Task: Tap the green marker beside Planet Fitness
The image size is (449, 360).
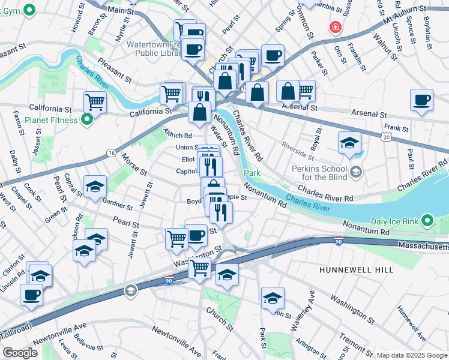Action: pos(86,120)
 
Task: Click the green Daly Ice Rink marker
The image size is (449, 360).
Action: pos(427,221)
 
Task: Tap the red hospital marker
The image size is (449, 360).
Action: pos(334,27)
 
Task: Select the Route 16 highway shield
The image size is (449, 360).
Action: pos(112,154)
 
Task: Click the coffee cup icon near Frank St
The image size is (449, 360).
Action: pos(421,100)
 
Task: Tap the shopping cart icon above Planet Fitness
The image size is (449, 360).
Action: pos(95,103)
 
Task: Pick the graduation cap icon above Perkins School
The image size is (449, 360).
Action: pos(349,143)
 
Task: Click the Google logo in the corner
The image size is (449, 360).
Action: pos(19,353)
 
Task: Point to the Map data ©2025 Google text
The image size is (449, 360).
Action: pos(412,355)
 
